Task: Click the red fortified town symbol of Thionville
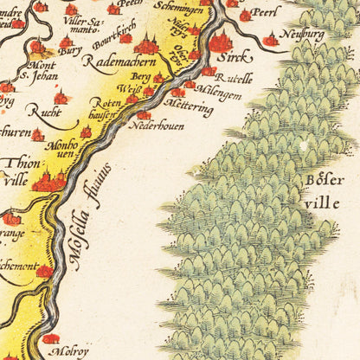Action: point(48,181)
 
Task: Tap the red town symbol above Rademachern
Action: point(146,45)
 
